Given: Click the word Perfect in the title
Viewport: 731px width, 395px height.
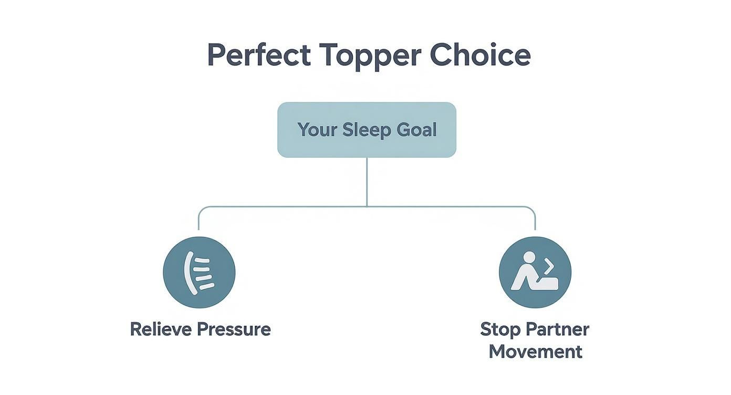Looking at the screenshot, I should point(259,55).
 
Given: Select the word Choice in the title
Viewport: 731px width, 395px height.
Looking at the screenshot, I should point(480,55).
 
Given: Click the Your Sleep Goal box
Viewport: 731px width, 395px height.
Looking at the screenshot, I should point(367,130).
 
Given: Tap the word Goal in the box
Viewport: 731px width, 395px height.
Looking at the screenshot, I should point(417,130).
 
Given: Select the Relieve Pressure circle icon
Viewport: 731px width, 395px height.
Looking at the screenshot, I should point(199,272).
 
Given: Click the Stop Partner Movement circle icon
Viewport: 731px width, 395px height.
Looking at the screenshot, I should point(535,272).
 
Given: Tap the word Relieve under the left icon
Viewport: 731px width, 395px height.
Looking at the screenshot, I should point(161,329).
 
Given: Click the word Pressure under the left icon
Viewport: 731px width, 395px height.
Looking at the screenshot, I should point(234,329).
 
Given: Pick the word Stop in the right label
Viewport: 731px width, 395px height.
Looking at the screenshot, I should point(500,329).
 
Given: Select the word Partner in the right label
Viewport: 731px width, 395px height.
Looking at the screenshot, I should point(557,329).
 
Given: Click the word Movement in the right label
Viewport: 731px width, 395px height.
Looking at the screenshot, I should point(535,351).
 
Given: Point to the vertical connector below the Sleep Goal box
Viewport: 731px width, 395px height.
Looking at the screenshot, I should point(367,182).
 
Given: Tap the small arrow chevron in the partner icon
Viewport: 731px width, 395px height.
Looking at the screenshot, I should point(549,267).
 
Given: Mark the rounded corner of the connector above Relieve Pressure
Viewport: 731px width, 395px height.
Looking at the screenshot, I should point(201,210).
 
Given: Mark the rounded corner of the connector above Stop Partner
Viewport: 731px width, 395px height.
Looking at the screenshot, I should point(532,210).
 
